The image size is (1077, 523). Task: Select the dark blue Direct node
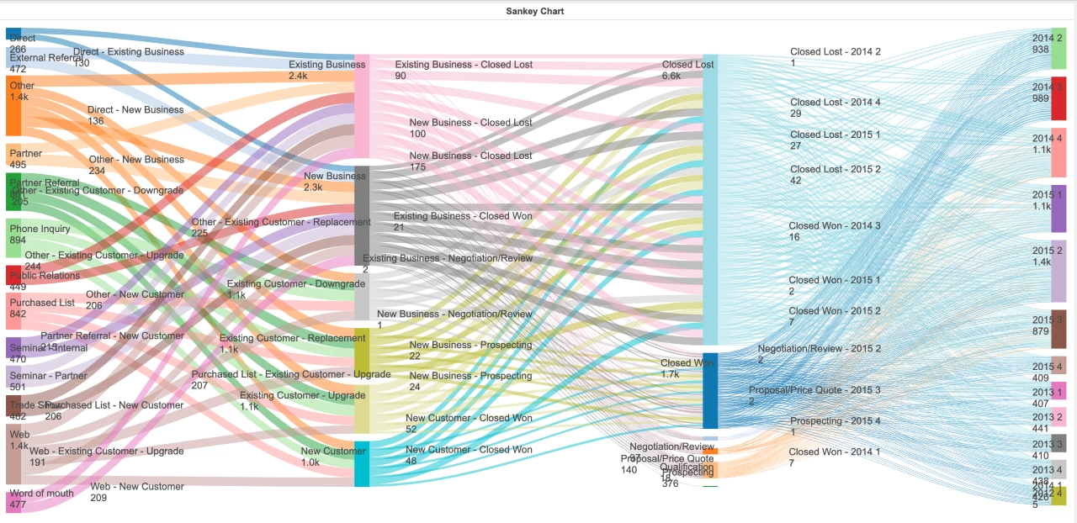pyautogui.click(x=13, y=34)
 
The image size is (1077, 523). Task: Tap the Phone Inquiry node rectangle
pyautogui.click(x=13, y=237)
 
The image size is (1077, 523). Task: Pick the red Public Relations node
pyautogui.click(x=13, y=275)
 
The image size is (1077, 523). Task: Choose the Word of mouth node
pyautogui.click(x=13, y=502)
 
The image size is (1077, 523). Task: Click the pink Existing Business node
pyautogui.click(x=362, y=107)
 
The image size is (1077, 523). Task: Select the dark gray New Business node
pyautogui.click(x=362, y=206)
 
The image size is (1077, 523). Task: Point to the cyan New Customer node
pyautogui.click(x=362, y=464)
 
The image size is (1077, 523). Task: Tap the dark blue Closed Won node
pyautogui.click(x=710, y=391)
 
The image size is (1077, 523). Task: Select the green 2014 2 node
pyautogui.click(x=1058, y=48)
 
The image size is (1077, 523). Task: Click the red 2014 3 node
pyautogui.click(x=1058, y=98)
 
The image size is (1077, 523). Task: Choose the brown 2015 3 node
pyautogui.click(x=1058, y=329)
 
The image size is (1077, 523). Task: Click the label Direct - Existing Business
pyautogui.click(x=128, y=52)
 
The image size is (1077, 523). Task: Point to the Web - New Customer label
pyautogui.click(x=136, y=487)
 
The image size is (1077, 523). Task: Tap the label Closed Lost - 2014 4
pyautogui.click(x=835, y=103)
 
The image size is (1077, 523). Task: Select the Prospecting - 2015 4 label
pyautogui.click(x=835, y=421)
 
